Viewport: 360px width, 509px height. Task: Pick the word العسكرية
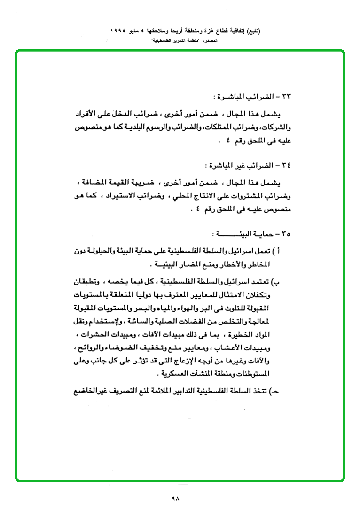[x=173, y=374]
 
